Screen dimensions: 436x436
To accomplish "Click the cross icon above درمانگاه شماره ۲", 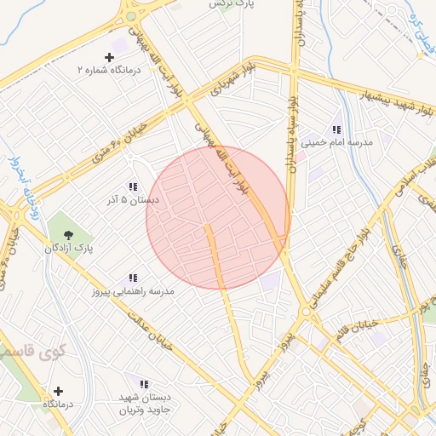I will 109,56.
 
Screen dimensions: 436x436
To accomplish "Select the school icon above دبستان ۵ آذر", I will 133,186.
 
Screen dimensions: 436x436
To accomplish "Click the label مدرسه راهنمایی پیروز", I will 133,291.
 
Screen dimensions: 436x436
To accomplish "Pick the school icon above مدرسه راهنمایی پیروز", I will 133,278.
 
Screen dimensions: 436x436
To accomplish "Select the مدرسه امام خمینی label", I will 336,144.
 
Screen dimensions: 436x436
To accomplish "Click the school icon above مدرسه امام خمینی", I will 336,130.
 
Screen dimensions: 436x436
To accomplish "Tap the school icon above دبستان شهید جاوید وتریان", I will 143,384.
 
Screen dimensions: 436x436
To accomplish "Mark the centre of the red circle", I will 218,218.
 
